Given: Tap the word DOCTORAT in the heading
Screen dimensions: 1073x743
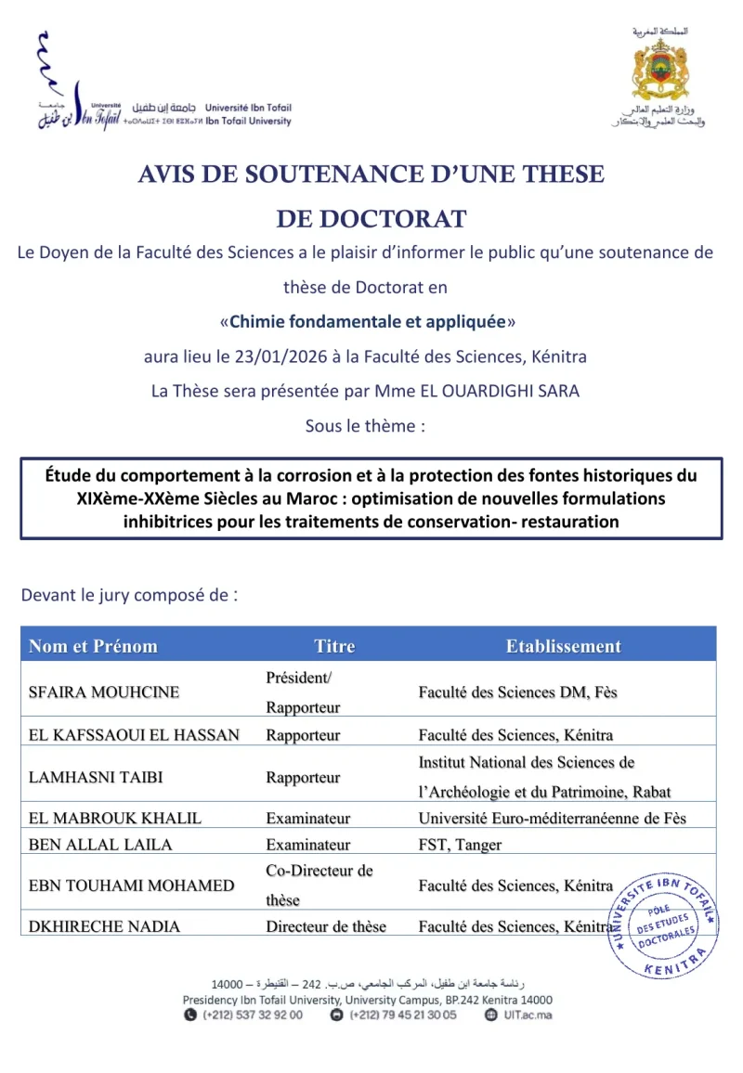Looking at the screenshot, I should [x=371, y=219].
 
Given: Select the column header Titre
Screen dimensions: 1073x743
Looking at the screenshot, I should [x=334, y=646].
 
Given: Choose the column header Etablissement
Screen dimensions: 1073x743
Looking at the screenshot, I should [x=563, y=646].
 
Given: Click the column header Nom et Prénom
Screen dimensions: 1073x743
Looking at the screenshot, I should [x=93, y=646].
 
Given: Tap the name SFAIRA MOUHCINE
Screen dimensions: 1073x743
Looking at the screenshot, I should [x=104, y=692].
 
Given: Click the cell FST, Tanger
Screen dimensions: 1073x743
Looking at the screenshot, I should [x=460, y=845].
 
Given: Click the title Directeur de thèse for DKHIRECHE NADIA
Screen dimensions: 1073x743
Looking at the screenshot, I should [x=326, y=926].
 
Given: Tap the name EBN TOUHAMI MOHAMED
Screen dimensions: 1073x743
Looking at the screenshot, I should [x=132, y=886].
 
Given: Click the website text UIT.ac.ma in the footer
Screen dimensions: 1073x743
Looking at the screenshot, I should [x=531, y=1015].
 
